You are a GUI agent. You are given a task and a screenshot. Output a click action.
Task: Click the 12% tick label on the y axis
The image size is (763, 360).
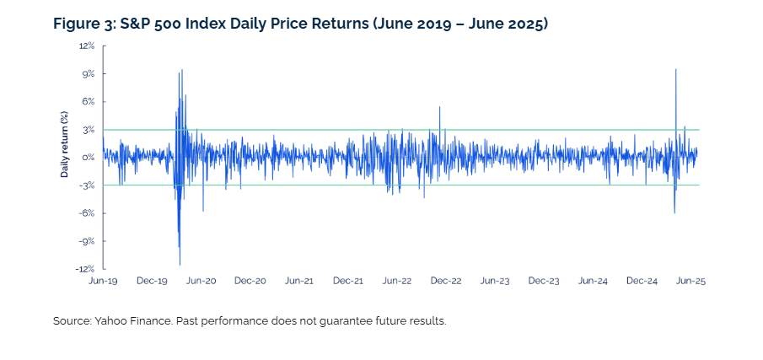point(88,46)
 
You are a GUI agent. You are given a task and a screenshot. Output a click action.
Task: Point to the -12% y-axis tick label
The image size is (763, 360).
point(86,269)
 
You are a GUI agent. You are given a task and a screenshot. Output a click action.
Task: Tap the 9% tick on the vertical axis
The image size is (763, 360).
point(89,74)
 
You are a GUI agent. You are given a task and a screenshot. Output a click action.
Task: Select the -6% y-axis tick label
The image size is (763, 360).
point(88,213)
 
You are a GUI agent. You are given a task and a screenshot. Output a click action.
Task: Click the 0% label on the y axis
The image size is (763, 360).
point(89,158)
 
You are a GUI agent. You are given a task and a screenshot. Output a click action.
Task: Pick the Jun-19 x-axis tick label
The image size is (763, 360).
point(103,282)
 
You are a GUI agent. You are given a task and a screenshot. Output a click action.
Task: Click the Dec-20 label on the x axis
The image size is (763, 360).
point(250,282)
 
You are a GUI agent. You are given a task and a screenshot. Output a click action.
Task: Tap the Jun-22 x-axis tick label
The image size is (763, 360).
point(398,282)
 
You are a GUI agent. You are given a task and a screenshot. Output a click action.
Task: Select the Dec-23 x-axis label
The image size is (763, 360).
point(544,282)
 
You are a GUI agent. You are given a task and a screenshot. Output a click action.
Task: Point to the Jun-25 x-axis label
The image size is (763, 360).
point(691,282)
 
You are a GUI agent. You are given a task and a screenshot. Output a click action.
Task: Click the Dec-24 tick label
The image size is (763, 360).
point(642,282)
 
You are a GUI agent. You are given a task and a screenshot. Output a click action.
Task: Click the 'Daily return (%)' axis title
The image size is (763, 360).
point(65,144)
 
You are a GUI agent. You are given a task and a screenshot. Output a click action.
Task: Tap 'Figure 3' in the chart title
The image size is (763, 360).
point(79,24)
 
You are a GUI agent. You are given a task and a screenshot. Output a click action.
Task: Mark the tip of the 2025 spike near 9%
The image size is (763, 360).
point(675,69)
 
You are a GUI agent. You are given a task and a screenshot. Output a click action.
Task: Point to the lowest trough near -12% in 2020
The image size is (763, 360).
point(180,265)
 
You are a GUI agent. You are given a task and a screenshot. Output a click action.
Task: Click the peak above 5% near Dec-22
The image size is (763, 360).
point(439,106)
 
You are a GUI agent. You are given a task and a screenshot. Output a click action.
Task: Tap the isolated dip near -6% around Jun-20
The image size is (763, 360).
point(203,211)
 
